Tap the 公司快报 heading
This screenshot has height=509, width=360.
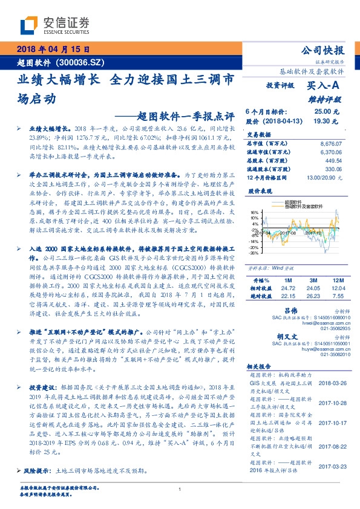click(326, 51)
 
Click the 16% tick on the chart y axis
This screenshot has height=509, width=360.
click(255, 213)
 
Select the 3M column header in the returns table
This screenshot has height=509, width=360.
click(313, 280)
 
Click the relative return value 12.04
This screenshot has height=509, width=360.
click(338, 288)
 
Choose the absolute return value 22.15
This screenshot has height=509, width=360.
click(289, 296)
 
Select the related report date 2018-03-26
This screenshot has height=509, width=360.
click(332, 383)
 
